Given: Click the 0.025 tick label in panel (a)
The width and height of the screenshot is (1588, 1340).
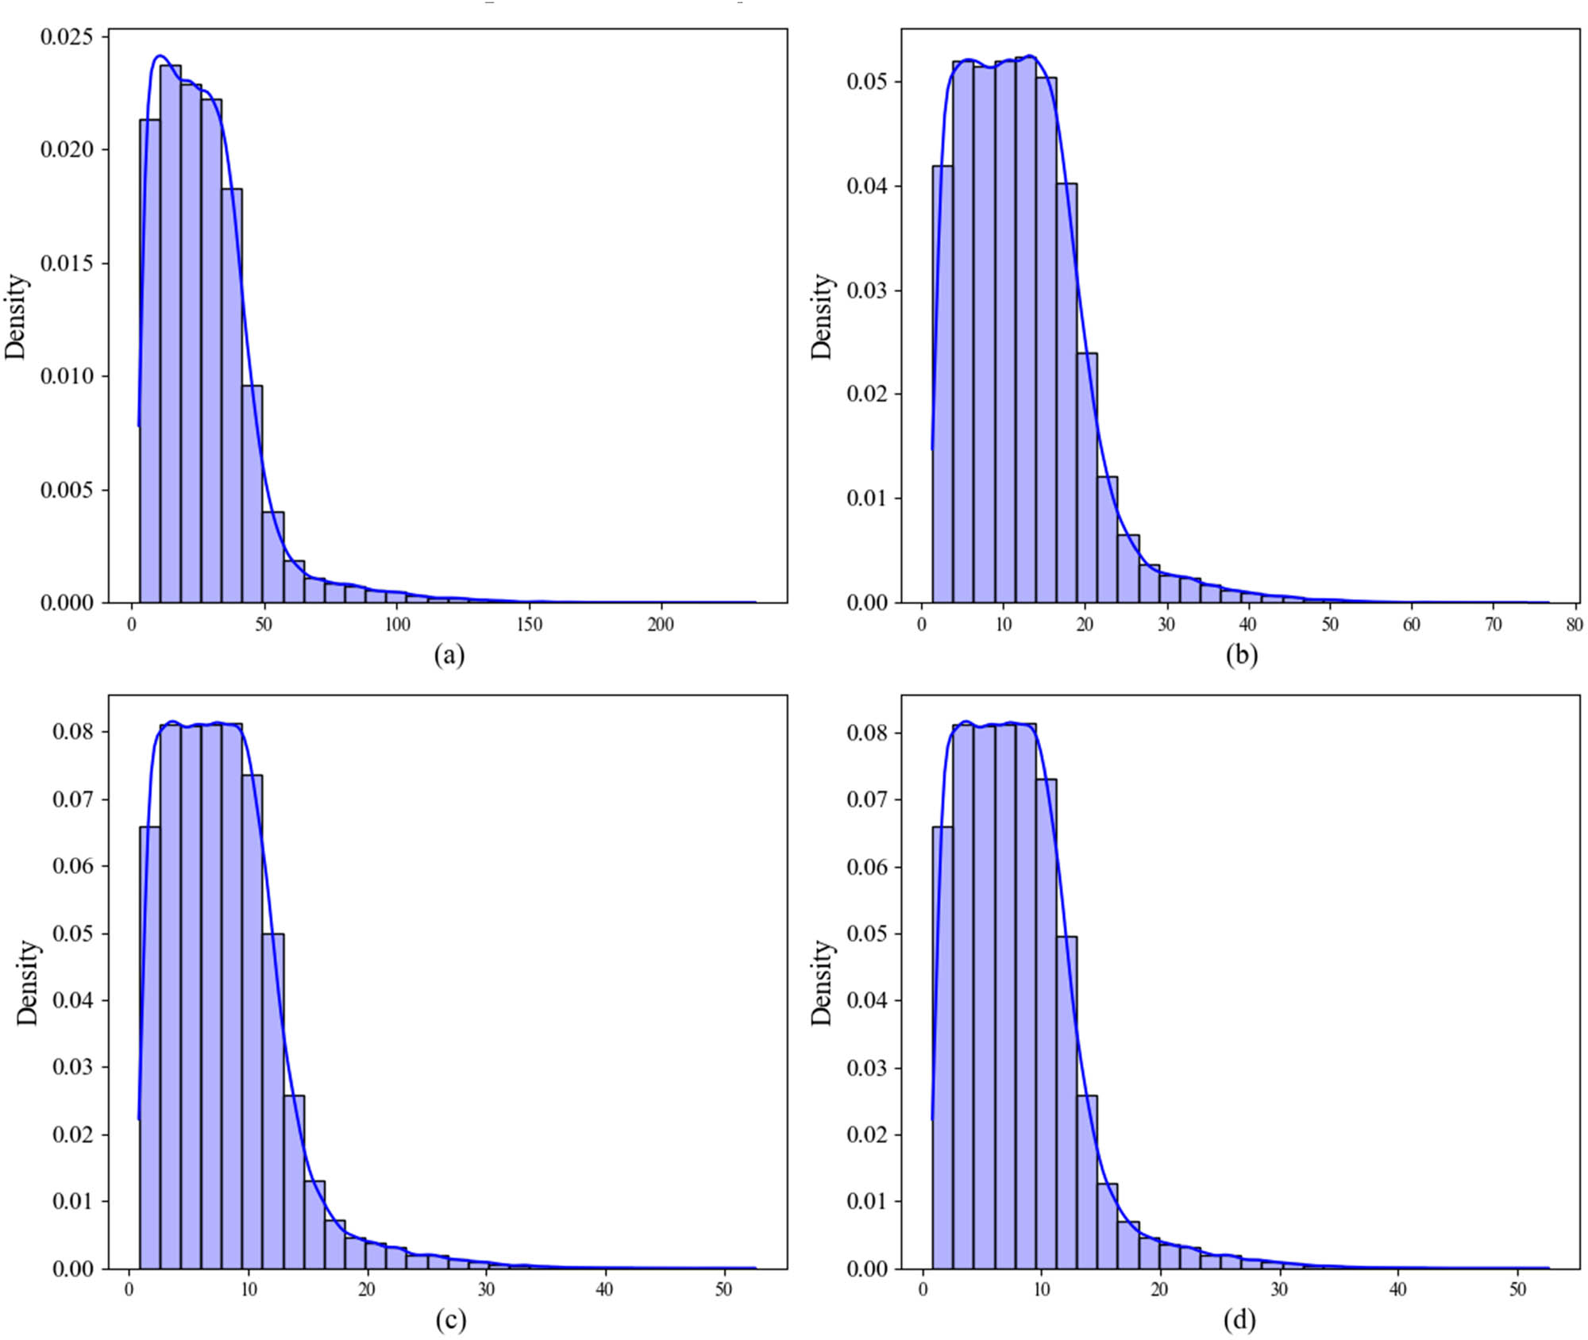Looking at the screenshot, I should click(x=66, y=37).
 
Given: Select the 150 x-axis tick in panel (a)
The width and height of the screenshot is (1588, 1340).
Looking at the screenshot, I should click(x=529, y=625).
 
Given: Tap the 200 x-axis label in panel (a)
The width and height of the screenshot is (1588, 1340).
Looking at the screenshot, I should click(x=661, y=625).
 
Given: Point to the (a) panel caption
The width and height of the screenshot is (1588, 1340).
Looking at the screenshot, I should click(x=449, y=655).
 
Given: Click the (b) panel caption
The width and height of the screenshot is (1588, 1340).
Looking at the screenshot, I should click(x=1241, y=655).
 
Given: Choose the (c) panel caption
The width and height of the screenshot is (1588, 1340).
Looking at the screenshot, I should click(x=449, y=1319).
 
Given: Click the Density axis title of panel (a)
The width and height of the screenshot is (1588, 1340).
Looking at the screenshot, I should click(x=16, y=317).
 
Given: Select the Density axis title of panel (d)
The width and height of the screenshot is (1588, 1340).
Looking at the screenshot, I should click(x=823, y=983).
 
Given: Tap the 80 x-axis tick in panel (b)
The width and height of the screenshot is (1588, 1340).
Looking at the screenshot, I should click(x=1574, y=625).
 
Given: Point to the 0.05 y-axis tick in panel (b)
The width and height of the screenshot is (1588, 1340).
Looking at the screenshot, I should click(x=866, y=82).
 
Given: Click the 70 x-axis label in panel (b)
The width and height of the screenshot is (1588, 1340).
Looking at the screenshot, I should click(x=1493, y=625).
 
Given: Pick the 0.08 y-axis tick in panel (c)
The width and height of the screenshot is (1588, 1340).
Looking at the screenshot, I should click(x=72, y=731).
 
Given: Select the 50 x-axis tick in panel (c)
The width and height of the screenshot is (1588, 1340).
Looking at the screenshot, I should click(x=723, y=1289).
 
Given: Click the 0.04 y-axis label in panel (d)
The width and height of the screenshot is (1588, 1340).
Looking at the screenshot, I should click(x=866, y=1000).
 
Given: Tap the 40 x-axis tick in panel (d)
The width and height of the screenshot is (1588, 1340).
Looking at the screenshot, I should click(x=1397, y=1289).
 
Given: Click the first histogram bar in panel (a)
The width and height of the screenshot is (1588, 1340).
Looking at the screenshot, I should click(x=149, y=361).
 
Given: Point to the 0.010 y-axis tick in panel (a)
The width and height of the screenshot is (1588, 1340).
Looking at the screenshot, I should click(x=66, y=375).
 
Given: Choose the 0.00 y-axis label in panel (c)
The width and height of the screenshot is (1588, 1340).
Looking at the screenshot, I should click(x=72, y=1269).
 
